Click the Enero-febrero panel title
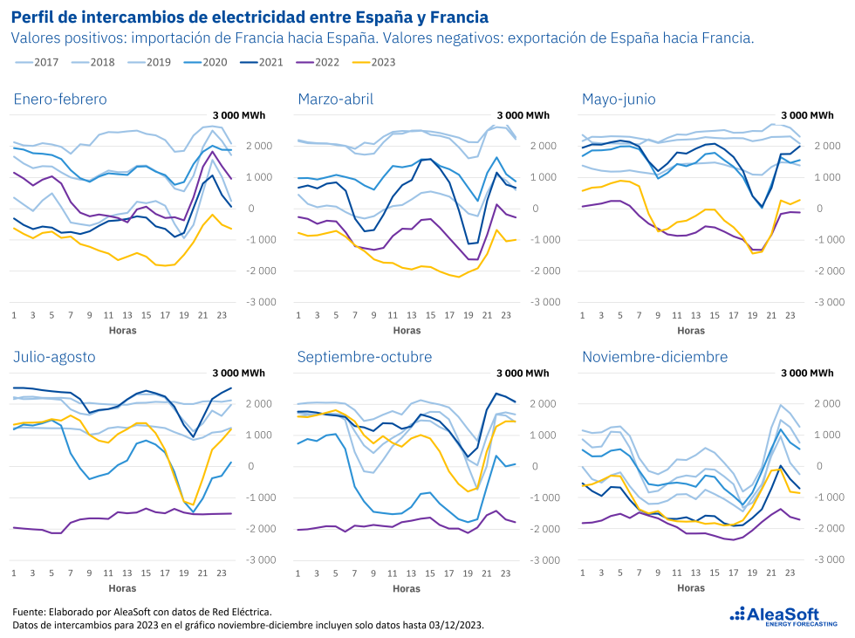[60, 99]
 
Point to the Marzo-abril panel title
[335, 99]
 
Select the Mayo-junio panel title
[619, 99]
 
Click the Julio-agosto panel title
[54, 357]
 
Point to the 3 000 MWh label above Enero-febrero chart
[239, 115]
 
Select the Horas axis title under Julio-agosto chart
[122, 588]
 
